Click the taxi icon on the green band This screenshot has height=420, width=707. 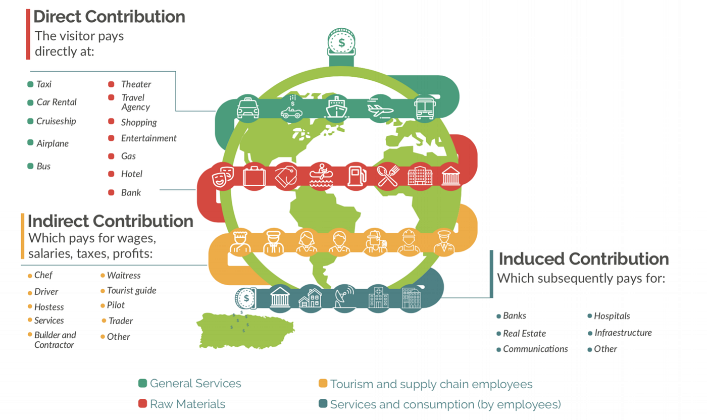[x=248, y=108]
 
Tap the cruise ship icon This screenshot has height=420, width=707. [x=337, y=108]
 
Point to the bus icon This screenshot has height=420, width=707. [x=425, y=108]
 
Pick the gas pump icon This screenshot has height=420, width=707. [x=357, y=176]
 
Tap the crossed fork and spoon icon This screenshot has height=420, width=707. [x=388, y=176]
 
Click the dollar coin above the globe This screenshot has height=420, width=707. [x=341, y=42]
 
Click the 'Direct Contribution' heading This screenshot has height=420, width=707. [x=109, y=17]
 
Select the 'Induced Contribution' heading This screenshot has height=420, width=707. [x=584, y=259]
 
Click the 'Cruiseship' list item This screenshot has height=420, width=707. [x=56, y=121]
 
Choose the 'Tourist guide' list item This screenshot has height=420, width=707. [x=132, y=290]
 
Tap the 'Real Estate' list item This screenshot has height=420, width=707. [x=524, y=333]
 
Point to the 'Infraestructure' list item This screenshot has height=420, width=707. [x=623, y=333]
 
